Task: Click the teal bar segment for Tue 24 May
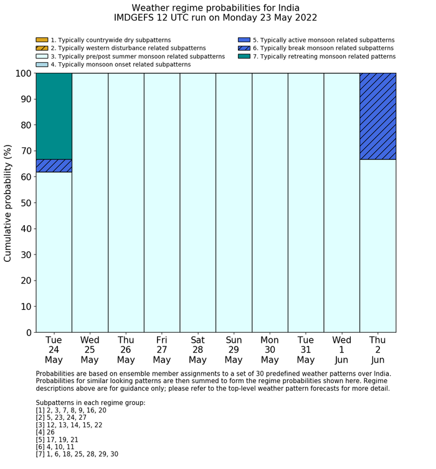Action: coord(54,116)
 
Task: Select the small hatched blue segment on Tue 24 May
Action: coord(54,165)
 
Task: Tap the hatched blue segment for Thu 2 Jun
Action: coord(377,116)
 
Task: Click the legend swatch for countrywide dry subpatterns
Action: coord(42,40)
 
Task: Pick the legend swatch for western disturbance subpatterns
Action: coord(42,48)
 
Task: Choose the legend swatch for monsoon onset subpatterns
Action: coord(42,64)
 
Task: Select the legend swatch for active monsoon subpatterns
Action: coord(244,40)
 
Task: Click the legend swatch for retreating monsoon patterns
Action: coord(244,56)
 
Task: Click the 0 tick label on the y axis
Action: coord(29,333)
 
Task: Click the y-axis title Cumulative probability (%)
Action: coord(8,203)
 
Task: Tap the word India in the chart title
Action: coord(286,7)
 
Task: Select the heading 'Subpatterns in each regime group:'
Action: coord(90,402)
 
